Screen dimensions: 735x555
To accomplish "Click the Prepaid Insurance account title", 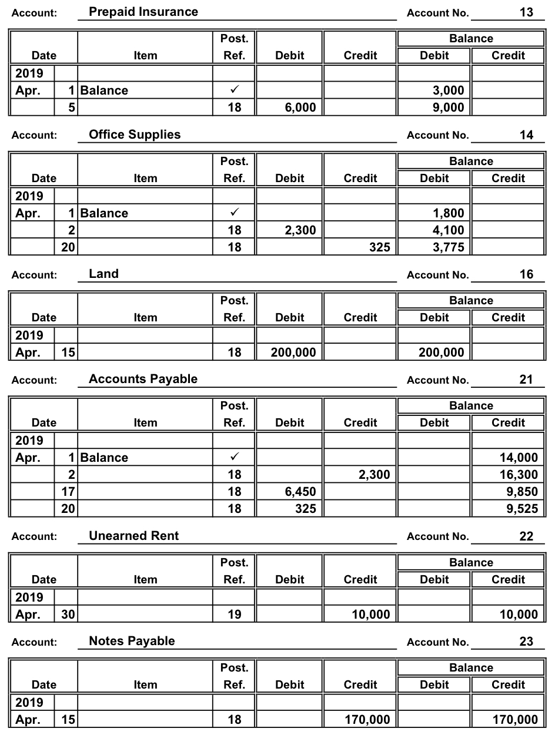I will tap(143, 12).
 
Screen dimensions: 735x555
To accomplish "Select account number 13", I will tap(526, 12).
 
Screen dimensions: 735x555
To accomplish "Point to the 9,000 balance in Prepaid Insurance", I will tap(448, 108).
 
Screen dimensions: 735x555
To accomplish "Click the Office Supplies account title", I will tap(135, 135).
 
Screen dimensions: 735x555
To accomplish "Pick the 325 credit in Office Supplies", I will tap(379, 247).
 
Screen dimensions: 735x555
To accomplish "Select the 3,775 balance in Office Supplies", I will tap(448, 247).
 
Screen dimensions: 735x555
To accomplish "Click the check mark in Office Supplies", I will tap(234, 213).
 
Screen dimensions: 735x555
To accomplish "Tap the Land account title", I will tap(103, 274).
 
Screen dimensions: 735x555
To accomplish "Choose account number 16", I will tap(526, 274).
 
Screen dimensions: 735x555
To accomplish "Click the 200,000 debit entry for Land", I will tap(293, 353).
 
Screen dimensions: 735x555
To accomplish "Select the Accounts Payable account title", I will tap(143, 379).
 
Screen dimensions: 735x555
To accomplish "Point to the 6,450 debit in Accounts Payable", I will tap(300, 492).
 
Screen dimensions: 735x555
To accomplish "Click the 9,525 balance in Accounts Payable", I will tap(522, 509).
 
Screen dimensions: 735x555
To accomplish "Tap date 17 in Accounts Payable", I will tap(68, 492).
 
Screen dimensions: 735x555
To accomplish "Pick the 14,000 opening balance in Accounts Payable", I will tap(518, 458).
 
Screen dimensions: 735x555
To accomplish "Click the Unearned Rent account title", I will tap(133, 536).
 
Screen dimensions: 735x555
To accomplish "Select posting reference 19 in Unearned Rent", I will tap(234, 615).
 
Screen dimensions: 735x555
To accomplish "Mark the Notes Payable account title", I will tap(132, 641).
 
